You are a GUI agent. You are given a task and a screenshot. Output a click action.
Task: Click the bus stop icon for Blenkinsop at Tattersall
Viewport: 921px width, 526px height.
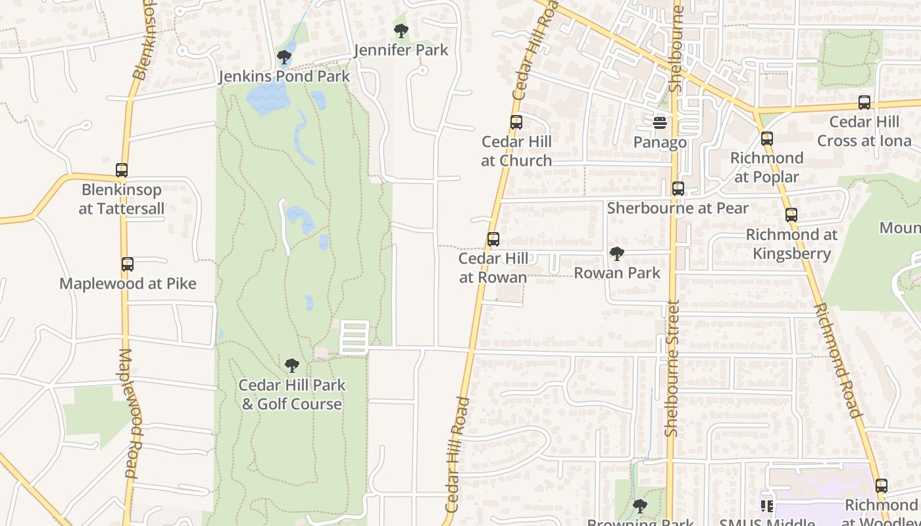click(x=122, y=170)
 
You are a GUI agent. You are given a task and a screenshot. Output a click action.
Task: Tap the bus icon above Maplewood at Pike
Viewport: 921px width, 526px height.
click(x=128, y=264)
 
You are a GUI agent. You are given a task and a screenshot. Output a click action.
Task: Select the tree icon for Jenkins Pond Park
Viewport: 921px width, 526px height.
click(x=284, y=57)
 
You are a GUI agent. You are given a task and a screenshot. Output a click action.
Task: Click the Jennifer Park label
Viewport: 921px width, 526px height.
click(x=401, y=50)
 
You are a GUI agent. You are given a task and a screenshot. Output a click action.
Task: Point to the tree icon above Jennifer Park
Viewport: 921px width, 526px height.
click(x=401, y=30)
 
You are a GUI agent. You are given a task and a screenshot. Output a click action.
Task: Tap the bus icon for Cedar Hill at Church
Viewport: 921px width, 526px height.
click(x=516, y=122)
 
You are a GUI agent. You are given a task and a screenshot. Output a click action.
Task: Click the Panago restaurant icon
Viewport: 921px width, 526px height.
click(x=660, y=123)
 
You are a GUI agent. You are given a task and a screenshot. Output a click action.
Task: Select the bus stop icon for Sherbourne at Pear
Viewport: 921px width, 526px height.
click(x=678, y=189)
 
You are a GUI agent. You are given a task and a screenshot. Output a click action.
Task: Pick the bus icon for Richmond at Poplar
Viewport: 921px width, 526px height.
click(x=767, y=139)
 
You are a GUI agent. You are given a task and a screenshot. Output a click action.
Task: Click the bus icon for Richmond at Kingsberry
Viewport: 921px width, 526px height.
click(x=791, y=215)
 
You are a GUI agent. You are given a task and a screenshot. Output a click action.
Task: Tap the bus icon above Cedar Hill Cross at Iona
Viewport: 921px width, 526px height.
click(x=864, y=103)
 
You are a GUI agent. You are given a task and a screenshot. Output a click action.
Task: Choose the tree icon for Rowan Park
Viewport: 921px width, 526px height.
click(x=617, y=253)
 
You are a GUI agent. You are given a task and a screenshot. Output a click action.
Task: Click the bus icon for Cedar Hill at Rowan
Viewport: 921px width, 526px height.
click(x=493, y=239)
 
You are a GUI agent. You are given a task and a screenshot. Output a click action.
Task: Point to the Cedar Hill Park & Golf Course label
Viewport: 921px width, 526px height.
click(x=292, y=394)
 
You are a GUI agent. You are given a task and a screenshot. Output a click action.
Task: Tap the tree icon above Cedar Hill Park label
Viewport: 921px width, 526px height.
click(x=292, y=366)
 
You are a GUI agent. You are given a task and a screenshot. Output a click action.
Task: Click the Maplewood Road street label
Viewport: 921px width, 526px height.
click(x=130, y=413)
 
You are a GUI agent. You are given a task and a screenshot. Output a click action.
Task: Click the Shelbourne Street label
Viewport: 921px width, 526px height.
click(x=672, y=368)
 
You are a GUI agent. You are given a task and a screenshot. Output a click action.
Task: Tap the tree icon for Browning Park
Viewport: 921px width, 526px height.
click(x=640, y=506)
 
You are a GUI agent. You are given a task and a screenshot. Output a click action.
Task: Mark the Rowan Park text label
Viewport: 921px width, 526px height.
click(x=617, y=273)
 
